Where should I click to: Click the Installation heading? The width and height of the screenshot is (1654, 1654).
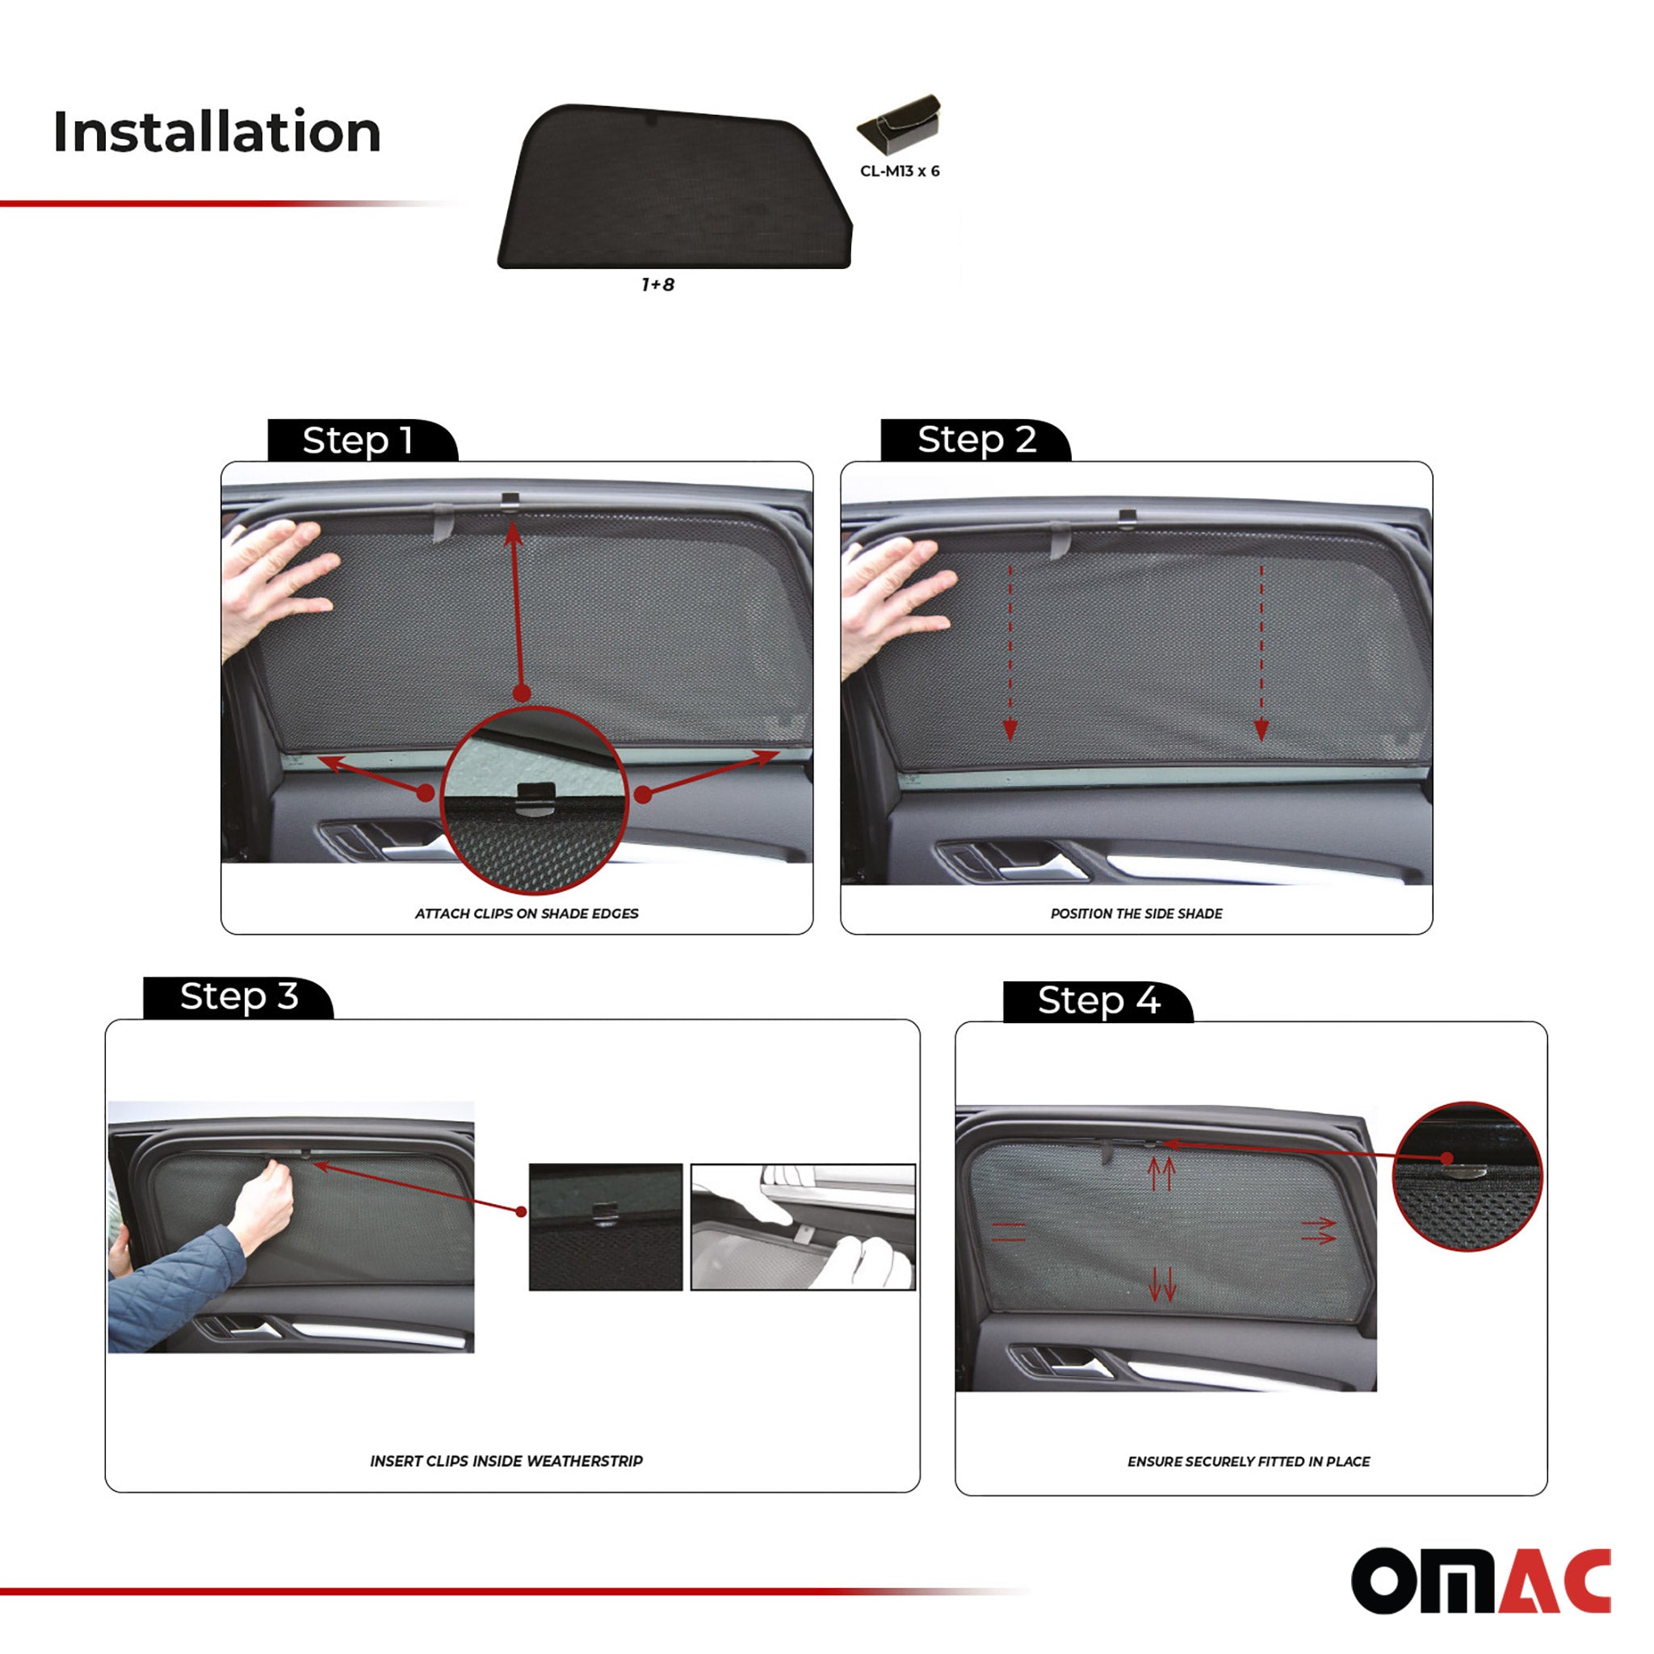[x=216, y=132]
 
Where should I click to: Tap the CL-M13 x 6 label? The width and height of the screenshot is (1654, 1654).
[x=899, y=171]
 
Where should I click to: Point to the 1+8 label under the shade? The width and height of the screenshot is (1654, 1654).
[x=657, y=285]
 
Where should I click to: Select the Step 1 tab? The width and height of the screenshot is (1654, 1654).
[x=359, y=441]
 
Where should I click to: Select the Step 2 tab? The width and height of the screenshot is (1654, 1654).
[x=976, y=440]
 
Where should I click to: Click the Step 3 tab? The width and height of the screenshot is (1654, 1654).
[x=238, y=997]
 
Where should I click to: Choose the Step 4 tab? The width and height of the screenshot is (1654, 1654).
[x=1098, y=1000]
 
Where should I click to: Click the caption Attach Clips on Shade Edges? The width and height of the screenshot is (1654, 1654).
[x=527, y=913]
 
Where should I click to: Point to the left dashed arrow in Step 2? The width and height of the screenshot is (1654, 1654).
[x=1010, y=651]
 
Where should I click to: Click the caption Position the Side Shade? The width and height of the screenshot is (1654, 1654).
[x=1136, y=913]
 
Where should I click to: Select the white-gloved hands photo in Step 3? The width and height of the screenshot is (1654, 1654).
[x=802, y=1226]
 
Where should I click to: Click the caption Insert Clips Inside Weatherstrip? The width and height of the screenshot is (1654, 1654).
[x=506, y=1461]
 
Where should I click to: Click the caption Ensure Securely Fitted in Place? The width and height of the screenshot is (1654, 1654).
[x=1249, y=1461]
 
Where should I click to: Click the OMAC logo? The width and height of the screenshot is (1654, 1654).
[x=1480, y=1581]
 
